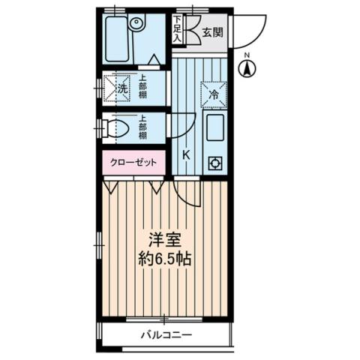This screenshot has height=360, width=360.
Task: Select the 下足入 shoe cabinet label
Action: pyautogui.click(x=178, y=28)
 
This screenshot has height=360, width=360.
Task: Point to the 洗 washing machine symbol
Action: pyautogui.click(x=122, y=88)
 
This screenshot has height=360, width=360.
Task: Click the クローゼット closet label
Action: pyautogui.click(x=133, y=162)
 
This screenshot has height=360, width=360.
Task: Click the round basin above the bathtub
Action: pyautogui.click(x=136, y=23)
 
